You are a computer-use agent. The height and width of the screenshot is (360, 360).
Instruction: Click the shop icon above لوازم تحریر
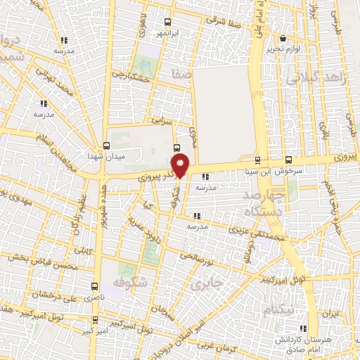tap(283, 38)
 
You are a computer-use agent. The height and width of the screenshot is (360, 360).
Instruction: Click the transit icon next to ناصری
tap(96, 287)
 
